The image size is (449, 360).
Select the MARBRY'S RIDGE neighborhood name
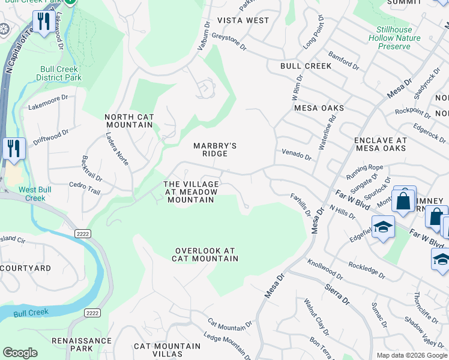point(214,149)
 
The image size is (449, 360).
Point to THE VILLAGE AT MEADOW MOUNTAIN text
point(189,191)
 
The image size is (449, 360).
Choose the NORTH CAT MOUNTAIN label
point(129,121)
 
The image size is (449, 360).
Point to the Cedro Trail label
point(85,188)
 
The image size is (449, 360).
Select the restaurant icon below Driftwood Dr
point(13,148)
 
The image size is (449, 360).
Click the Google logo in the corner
point(20,353)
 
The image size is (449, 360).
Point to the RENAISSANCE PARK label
point(81,344)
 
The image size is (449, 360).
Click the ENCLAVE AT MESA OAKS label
point(381,144)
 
